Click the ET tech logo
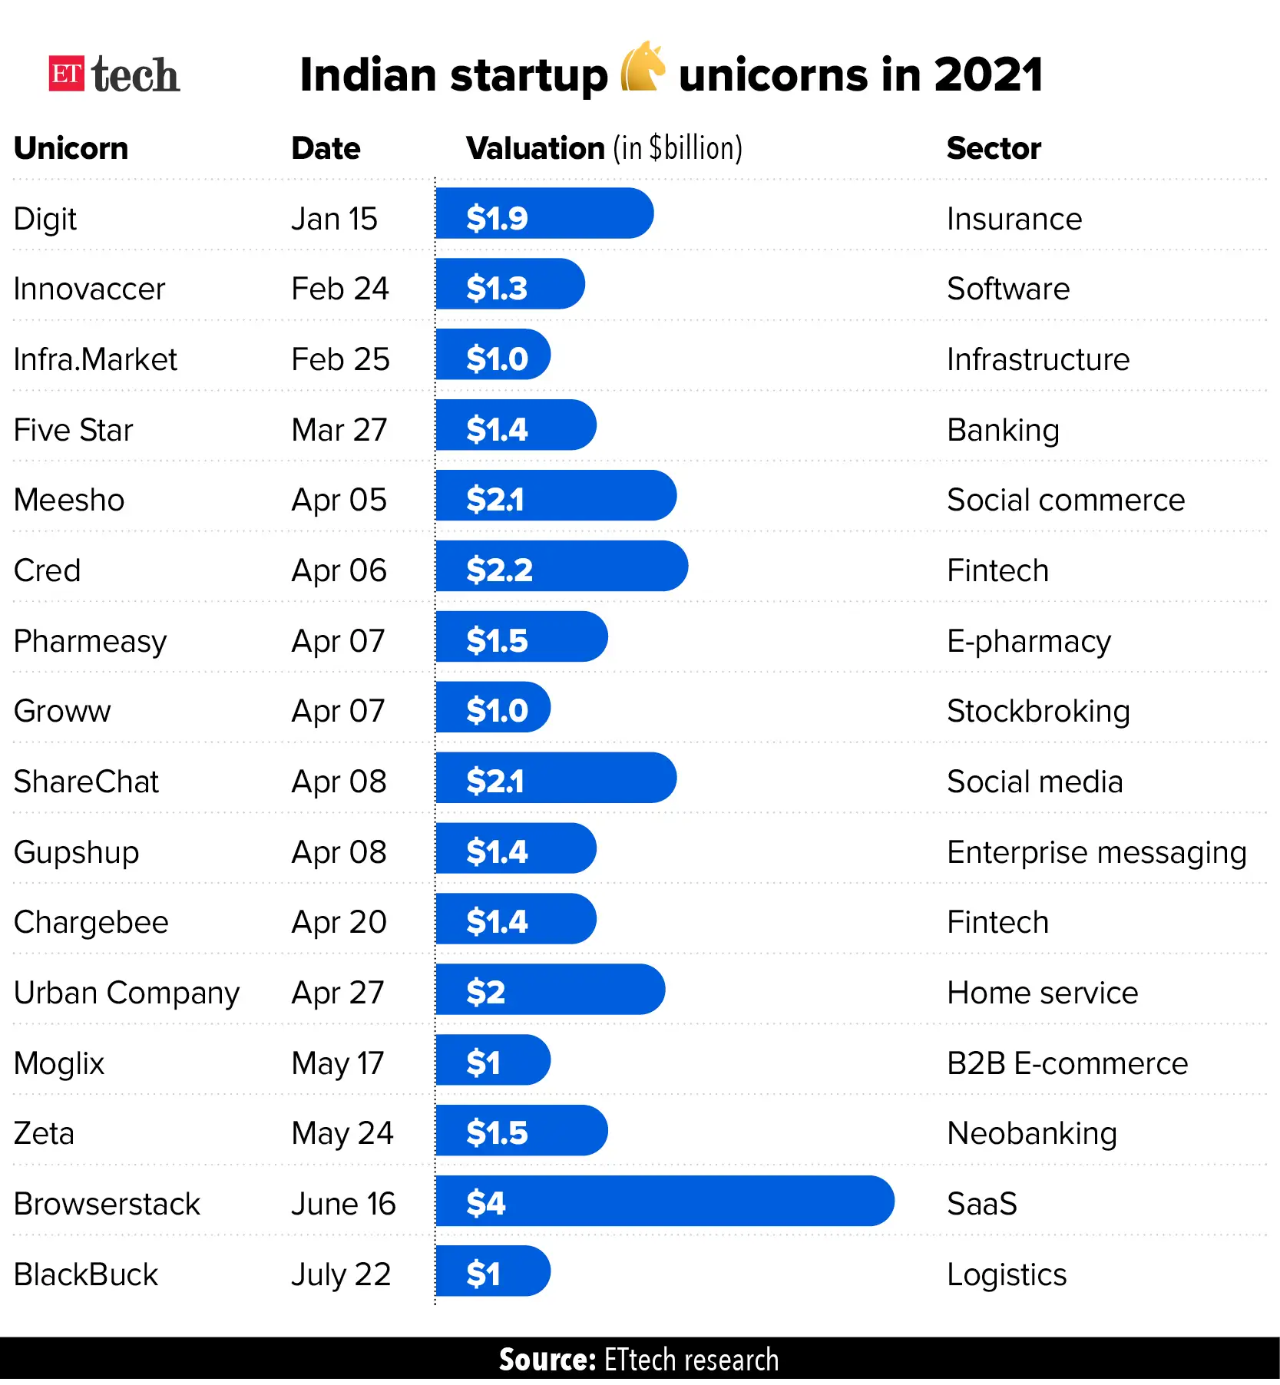114,75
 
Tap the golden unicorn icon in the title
642,67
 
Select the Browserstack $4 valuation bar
664,1201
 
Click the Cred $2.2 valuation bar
561,567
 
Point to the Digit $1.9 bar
544,214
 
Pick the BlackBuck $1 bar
493,1271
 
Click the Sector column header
994,148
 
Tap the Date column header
326,148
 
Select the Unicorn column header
71,148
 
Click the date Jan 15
334,220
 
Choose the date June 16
343,1204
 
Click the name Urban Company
127,993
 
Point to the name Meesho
69,500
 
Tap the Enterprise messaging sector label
1096,852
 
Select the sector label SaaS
981,1204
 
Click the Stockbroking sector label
1038,711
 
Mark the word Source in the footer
547,1360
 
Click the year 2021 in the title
988,75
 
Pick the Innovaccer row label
89,289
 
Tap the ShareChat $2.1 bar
556,778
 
